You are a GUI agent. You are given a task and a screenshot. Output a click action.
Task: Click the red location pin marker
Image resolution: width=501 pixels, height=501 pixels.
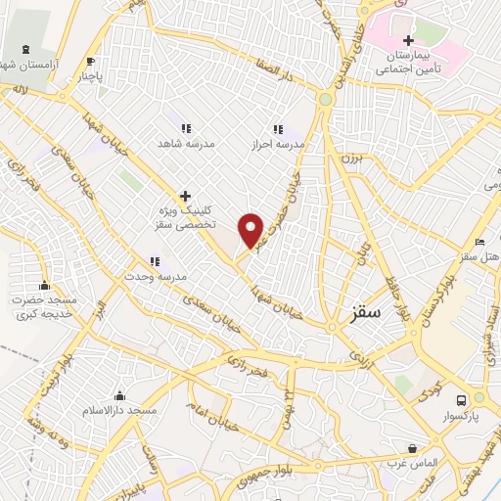[x=251, y=229]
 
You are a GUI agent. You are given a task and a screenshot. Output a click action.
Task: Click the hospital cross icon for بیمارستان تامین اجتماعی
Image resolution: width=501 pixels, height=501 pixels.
[x=408, y=40]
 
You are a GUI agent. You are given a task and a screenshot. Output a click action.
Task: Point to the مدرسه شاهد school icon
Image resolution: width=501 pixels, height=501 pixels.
[x=185, y=127]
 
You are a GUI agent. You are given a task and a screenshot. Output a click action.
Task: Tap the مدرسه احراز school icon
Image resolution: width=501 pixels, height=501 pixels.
[x=278, y=128]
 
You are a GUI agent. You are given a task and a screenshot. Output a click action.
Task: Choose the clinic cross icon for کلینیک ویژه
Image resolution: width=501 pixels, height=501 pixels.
[x=185, y=196]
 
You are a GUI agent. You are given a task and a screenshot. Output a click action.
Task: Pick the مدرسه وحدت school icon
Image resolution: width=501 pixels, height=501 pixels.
[x=155, y=260]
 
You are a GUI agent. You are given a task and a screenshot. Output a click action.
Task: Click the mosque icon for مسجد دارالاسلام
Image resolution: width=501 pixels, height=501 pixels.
[x=120, y=396]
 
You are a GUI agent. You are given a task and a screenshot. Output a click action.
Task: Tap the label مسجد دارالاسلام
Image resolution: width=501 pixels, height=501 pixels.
[x=120, y=412]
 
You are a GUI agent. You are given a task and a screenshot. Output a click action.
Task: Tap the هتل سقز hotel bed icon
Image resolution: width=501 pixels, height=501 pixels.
[x=478, y=241]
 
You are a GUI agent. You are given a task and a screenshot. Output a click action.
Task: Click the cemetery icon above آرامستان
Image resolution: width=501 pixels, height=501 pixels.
[x=25, y=49]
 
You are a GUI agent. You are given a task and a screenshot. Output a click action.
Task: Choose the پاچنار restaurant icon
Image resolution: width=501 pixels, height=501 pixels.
[x=90, y=60]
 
